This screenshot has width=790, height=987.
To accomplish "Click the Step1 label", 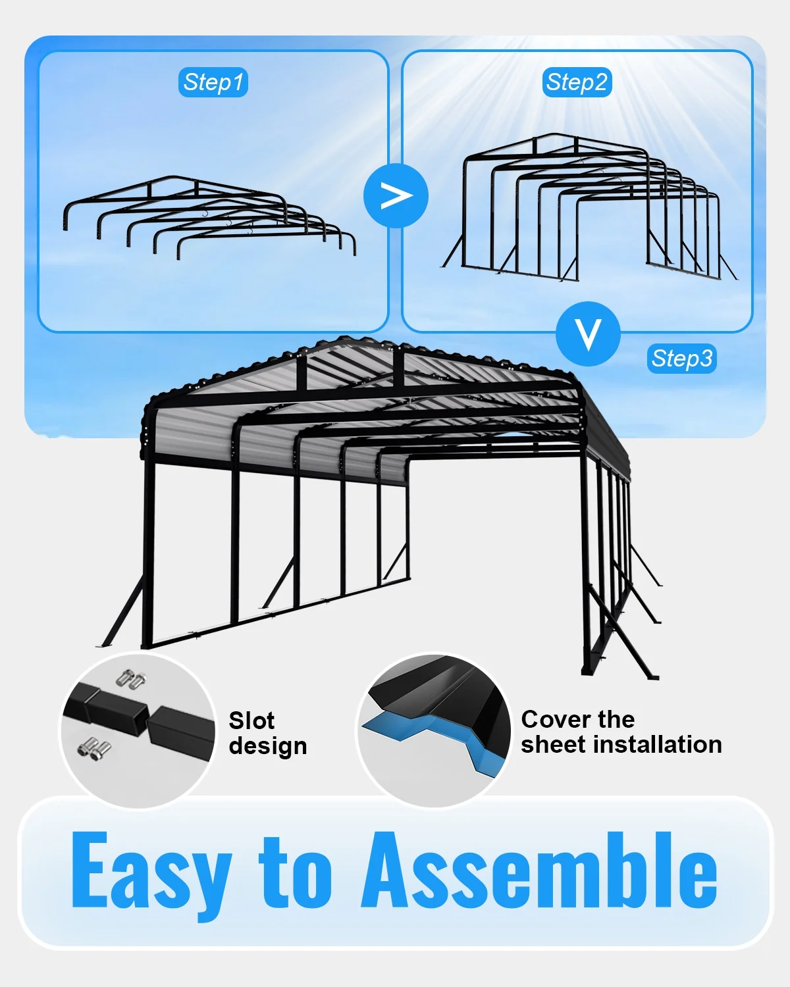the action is (213, 82).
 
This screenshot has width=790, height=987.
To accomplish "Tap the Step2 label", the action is (577, 82).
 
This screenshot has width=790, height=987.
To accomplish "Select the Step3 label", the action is (681, 358).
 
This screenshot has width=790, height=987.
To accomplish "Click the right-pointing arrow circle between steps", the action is (396, 196).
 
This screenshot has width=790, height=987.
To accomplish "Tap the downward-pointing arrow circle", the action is (588, 334).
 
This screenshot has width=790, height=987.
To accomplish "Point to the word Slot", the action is (251, 720).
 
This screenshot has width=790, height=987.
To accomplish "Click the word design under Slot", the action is (268, 747).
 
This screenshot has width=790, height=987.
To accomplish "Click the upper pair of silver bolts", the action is (132, 679).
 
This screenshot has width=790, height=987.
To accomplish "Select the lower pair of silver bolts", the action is (95, 749).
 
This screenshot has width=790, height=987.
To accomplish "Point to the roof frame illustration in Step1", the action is (209, 217).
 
